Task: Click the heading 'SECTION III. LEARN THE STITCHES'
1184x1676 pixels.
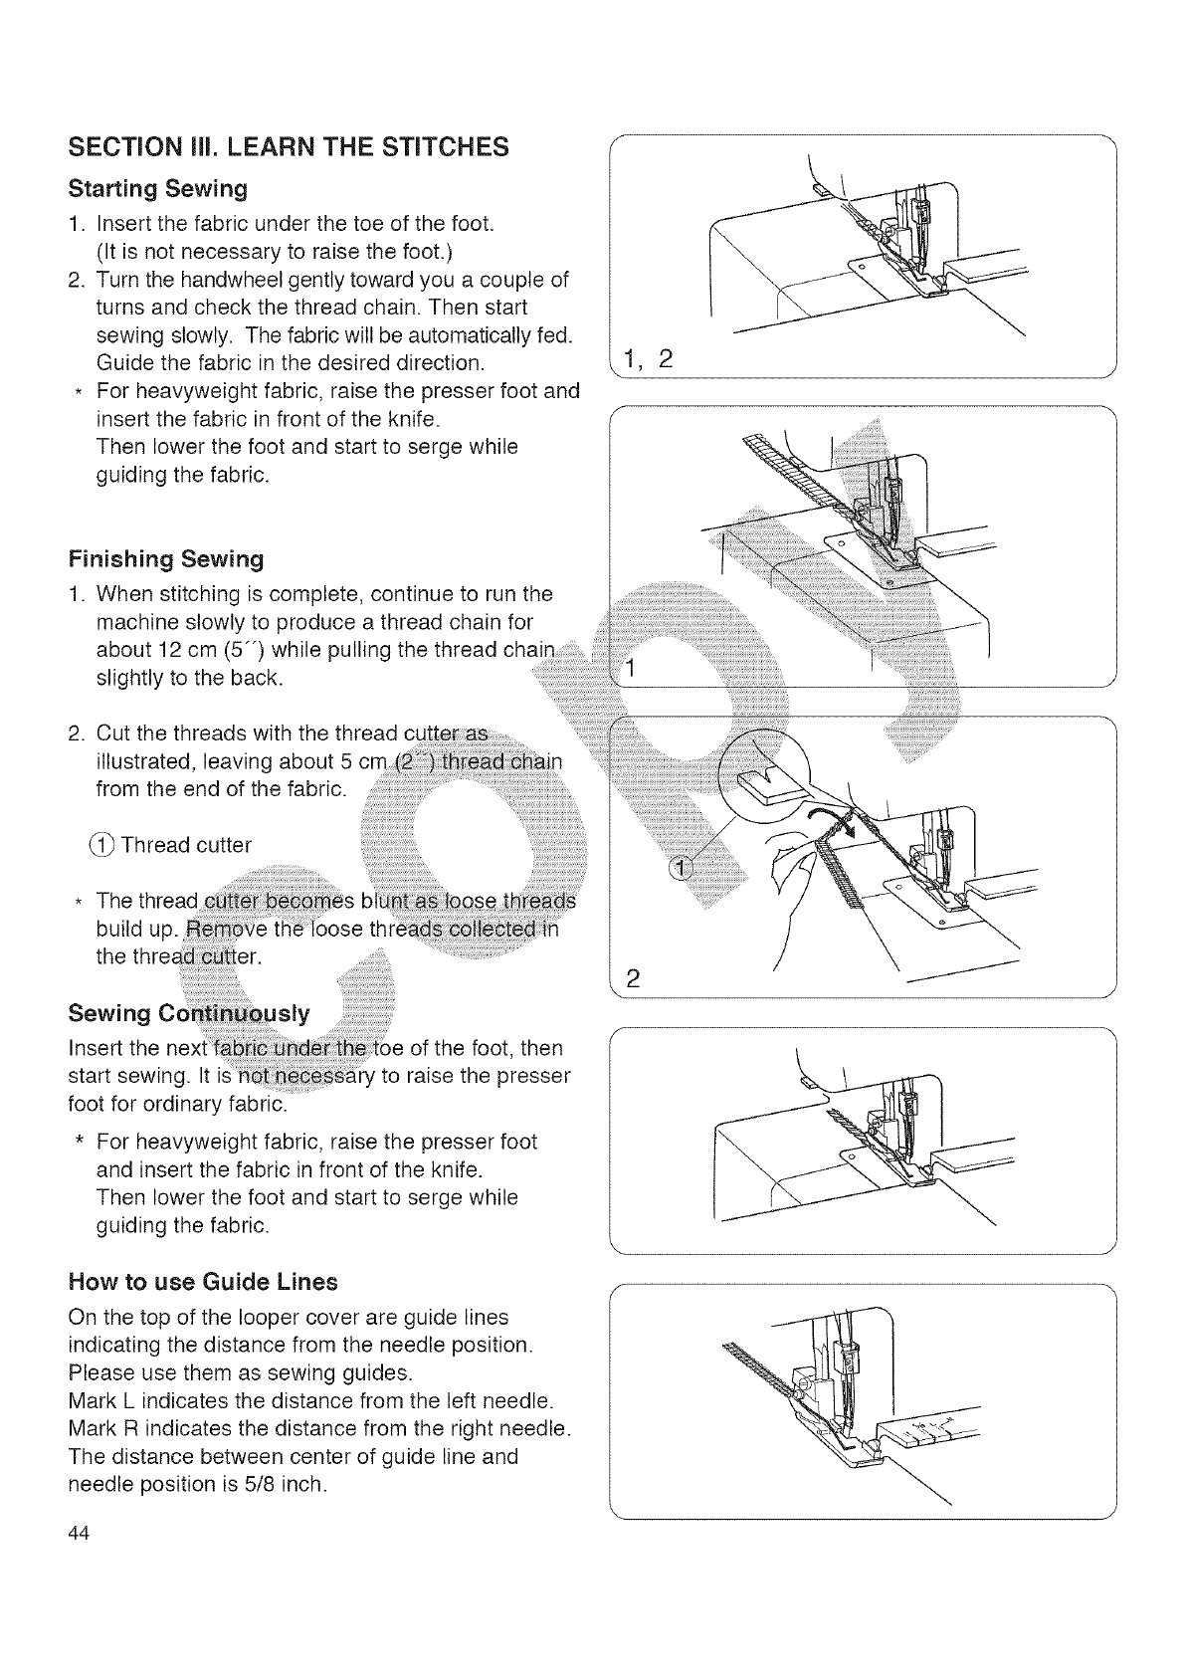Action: click(x=288, y=147)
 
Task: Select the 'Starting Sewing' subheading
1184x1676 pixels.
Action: click(x=157, y=188)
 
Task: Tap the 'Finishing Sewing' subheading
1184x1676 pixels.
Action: click(x=166, y=558)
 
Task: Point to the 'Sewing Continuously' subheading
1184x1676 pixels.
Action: click(x=189, y=1013)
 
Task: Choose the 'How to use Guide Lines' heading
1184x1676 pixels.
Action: click(x=203, y=1281)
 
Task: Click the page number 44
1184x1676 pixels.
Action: click(x=80, y=1534)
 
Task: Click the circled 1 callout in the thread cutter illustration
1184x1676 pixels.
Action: click(x=682, y=868)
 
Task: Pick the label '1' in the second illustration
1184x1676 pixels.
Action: click(x=628, y=669)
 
